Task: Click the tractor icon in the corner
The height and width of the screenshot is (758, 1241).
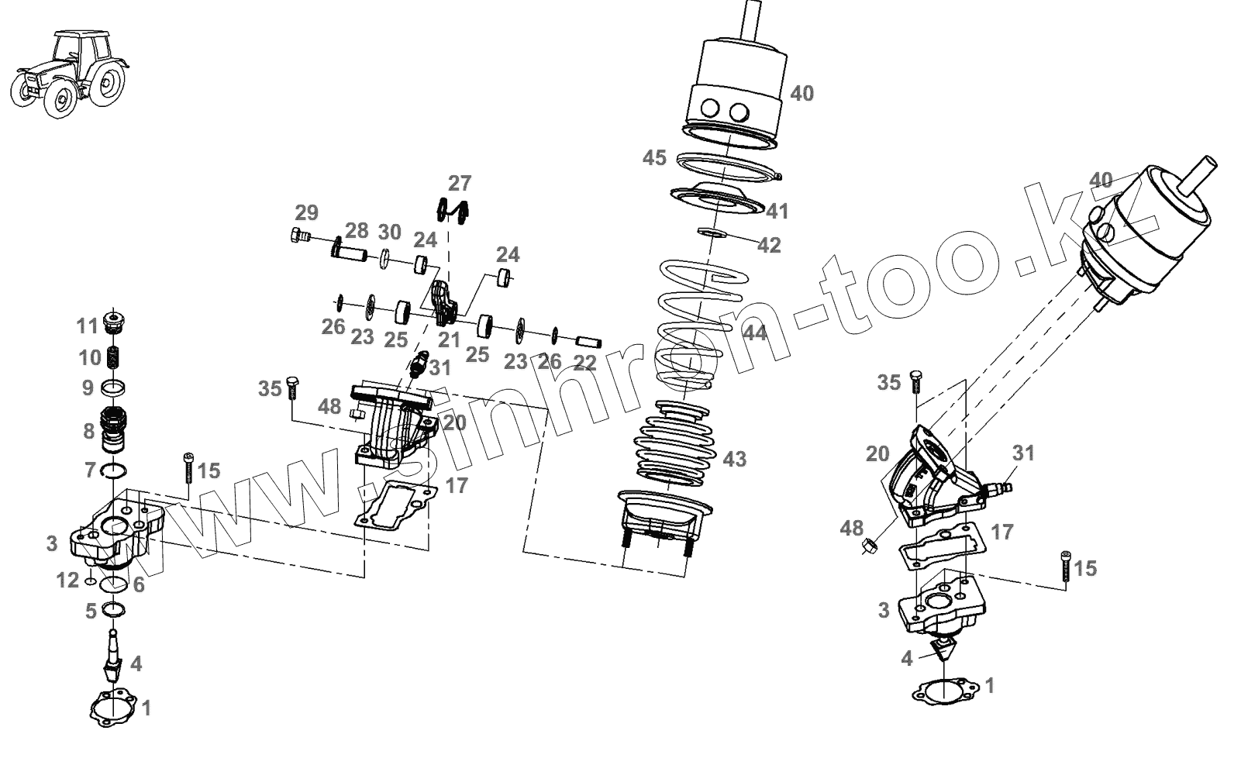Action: (x=71, y=74)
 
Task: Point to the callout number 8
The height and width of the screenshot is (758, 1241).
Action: (x=89, y=431)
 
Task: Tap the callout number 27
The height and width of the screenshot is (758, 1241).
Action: (x=460, y=184)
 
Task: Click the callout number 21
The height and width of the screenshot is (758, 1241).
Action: (x=449, y=339)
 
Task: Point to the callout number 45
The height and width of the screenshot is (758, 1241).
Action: (x=654, y=158)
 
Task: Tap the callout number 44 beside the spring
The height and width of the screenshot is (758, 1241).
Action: (x=754, y=333)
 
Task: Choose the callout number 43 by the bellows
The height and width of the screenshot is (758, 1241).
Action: (x=734, y=459)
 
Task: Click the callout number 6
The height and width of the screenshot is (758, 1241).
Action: (x=138, y=584)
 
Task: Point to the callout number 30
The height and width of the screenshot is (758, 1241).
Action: (x=389, y=232)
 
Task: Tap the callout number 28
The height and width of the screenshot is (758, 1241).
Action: (x=357, y=230)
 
